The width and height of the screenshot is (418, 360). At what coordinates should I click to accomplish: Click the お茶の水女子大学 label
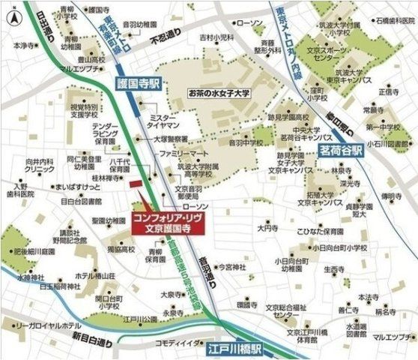[219, 94]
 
